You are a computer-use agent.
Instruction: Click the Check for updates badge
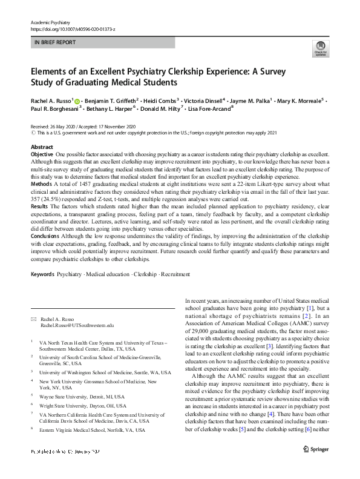point(320,49)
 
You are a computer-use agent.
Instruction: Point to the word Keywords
point(42,274)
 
